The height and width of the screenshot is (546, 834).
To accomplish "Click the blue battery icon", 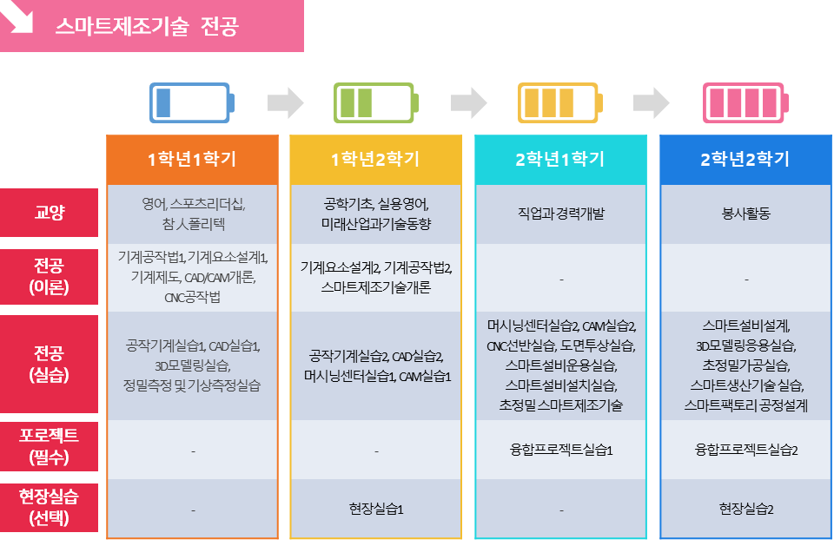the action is coord(192,102).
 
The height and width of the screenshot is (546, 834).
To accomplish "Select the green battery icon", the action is coord(376,102).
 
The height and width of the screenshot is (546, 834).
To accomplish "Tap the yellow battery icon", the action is coord(560,102).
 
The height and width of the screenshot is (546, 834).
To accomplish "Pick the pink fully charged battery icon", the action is coord(745,102).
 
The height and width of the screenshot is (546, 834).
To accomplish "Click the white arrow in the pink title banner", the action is coord(18,18).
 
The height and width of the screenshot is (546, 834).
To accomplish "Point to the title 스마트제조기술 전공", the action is coord(147,26).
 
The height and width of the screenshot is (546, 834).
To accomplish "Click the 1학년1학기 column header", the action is coord(192,160).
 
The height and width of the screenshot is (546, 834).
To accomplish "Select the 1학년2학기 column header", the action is coord(375,160).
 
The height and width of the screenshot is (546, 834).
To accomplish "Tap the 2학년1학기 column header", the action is coord(560,160).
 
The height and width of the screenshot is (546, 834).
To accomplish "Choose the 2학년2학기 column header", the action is coord(745,160).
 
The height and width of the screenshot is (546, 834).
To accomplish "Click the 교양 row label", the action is coord(49,213).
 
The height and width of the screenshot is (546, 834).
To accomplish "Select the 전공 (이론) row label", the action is coord(49,276).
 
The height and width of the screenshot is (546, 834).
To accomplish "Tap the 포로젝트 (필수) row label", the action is coord(49,446).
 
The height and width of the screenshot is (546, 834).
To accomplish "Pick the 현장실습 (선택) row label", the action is coord(49,508).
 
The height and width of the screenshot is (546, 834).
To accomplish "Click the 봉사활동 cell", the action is coord(745,214).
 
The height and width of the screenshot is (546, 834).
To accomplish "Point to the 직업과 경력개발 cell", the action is coord(561,214).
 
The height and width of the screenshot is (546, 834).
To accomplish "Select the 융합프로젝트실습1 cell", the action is coord(561,451).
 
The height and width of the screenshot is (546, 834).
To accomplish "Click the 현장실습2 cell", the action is coord(745,510).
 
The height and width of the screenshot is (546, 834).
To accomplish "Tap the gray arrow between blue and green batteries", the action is coord(286,102).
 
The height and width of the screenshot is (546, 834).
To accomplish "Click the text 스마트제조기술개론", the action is coord(375,287).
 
